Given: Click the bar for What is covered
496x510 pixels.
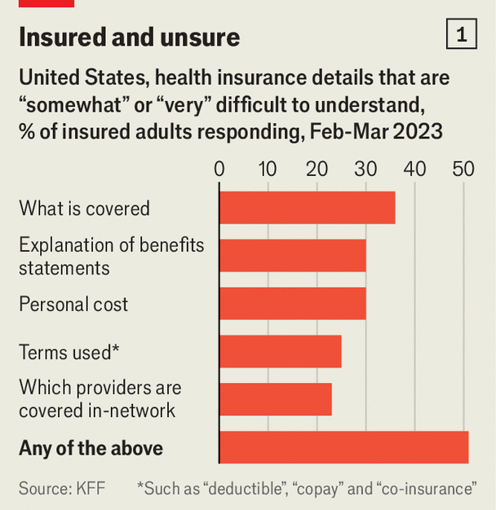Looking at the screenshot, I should point(307,208).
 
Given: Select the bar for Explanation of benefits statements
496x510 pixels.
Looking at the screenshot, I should point(292,256).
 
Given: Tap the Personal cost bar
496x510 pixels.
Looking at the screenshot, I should point(292,304).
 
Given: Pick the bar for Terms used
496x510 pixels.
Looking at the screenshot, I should point(280,351).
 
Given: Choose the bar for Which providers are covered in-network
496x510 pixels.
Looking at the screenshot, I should point(275,399).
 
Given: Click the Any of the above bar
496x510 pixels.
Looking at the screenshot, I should point(343,447).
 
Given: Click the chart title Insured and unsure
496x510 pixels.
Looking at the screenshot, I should point(129,37).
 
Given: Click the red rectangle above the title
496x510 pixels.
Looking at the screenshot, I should point(46,3).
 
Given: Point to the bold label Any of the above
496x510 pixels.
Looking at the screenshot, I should point(91,448).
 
